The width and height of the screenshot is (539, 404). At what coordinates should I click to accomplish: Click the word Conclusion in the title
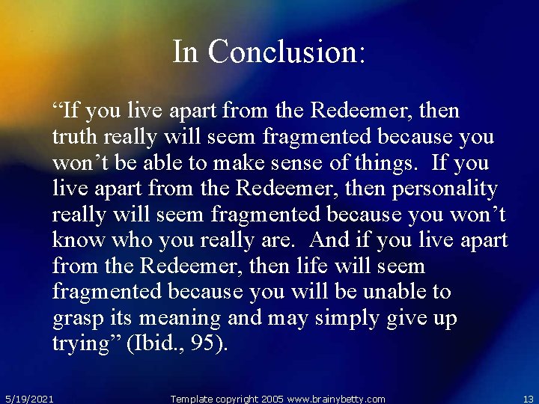click(287, 52)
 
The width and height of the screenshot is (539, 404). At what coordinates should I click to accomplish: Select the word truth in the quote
click(73, 138)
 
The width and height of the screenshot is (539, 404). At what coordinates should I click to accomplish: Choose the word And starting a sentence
click(329, 240)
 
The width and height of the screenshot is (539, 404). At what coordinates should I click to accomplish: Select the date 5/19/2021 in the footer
click(29, 399)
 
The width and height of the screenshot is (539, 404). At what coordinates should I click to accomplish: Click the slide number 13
click(527, 399)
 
